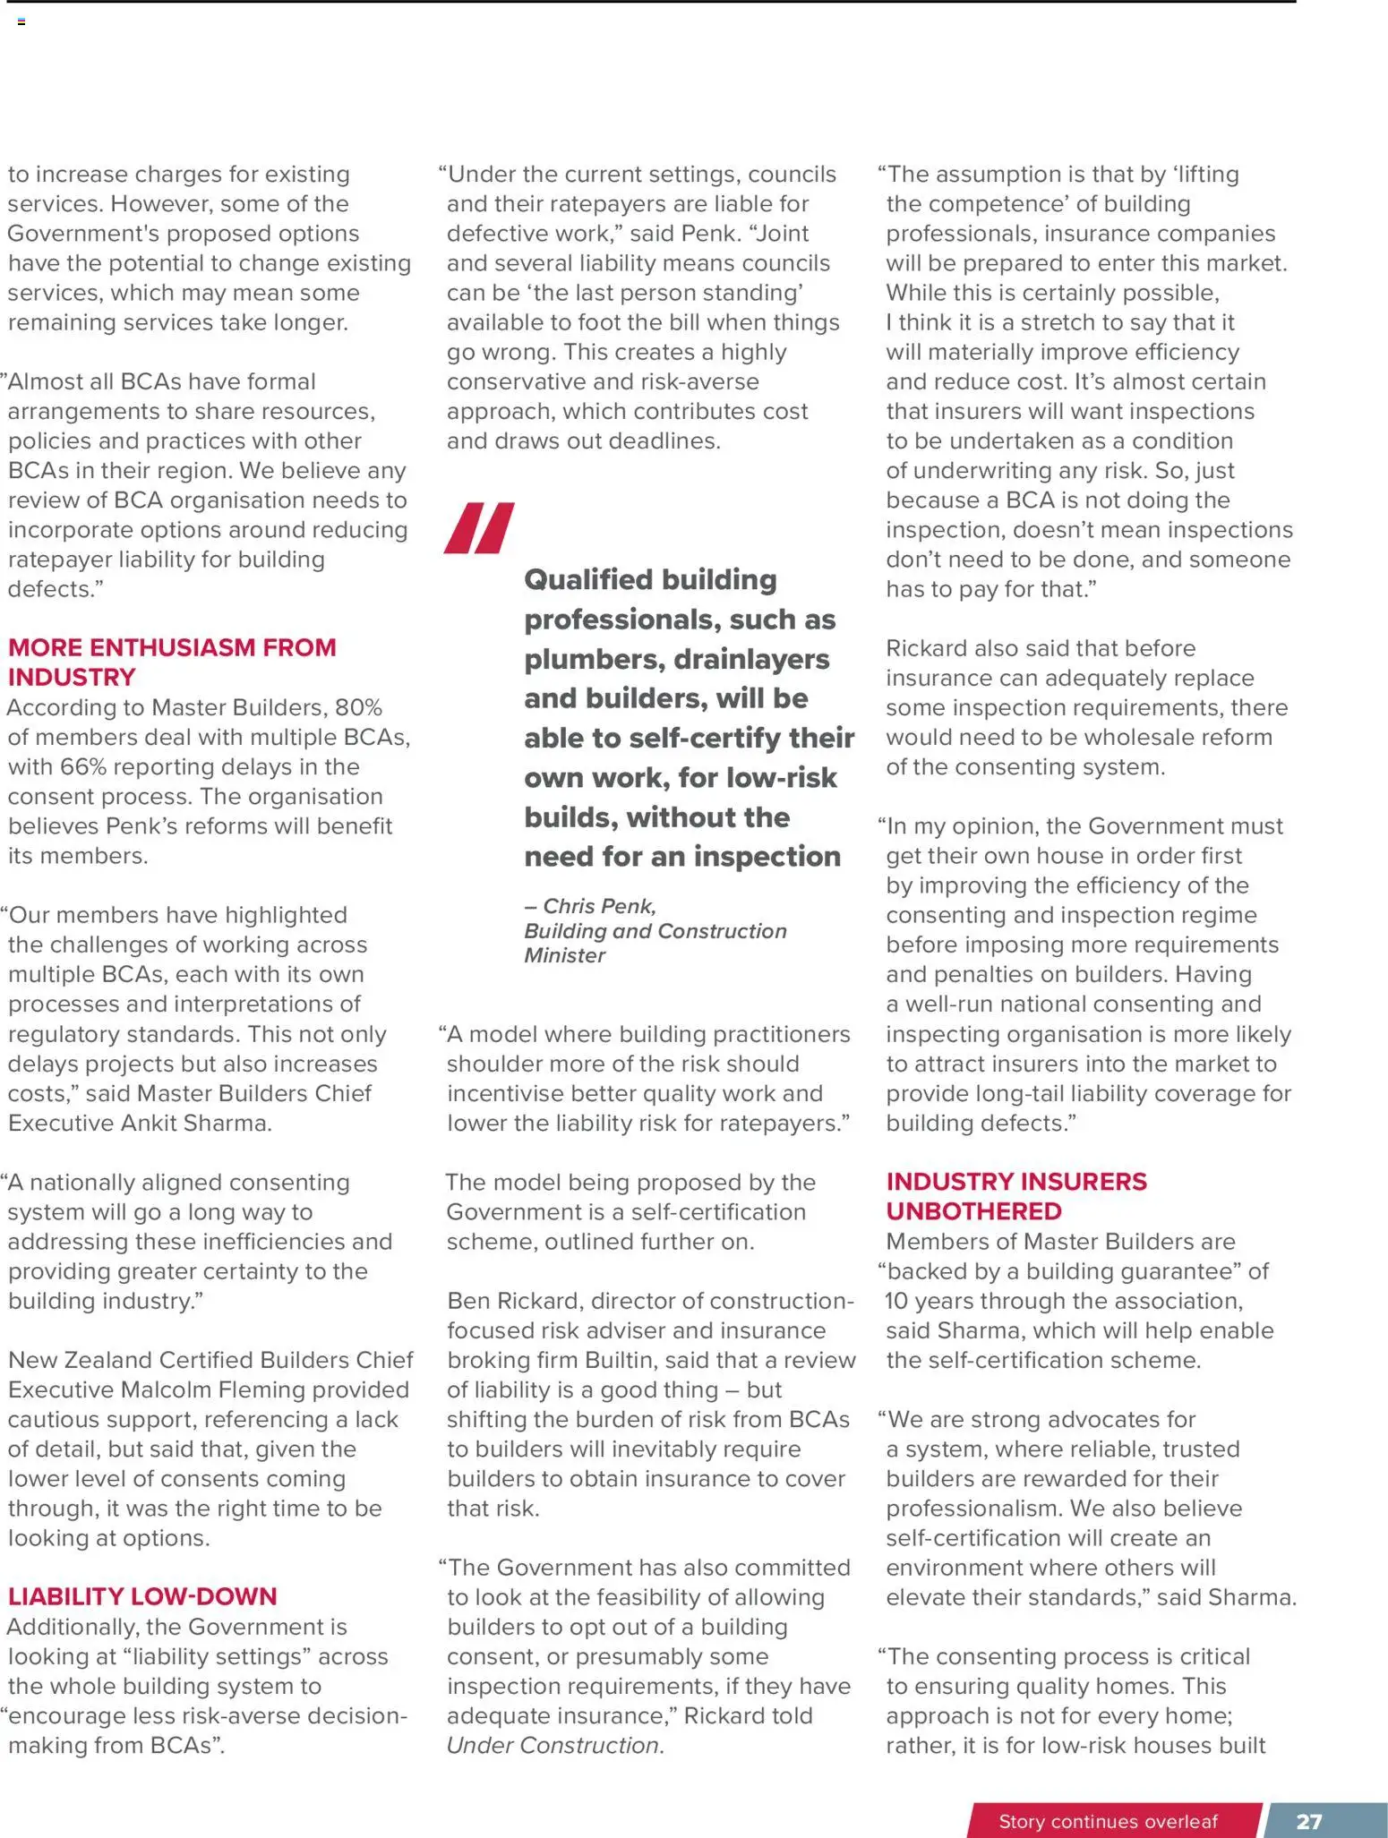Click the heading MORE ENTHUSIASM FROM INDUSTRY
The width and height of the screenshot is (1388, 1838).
tap(172, 662)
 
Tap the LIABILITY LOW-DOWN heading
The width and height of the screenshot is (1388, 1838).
tap(142, 1595)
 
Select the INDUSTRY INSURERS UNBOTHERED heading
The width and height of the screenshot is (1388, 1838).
tap(1015, 1196)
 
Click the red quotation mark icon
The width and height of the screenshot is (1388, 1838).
tap(479, 528)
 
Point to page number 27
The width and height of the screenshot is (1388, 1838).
tap(1308, 1821)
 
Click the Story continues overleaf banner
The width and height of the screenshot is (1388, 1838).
tap(1108, 1821)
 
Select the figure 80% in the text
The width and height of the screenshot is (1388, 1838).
tap(358, 707)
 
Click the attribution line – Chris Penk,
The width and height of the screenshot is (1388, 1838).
tap(590, 906)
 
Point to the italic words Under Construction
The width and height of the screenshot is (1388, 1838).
tap(553, 1745)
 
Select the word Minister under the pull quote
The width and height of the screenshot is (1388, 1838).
tap(565, 955)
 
